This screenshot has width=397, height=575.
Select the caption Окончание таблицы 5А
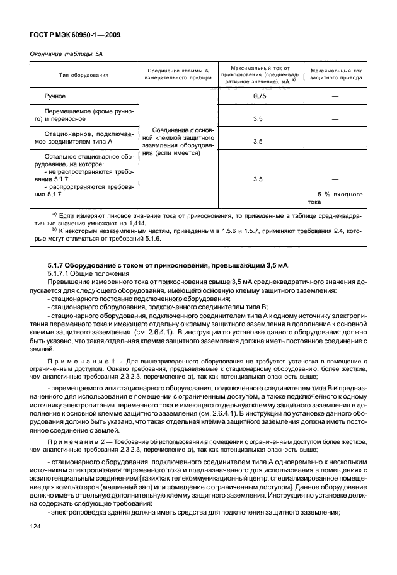tap(66, 55)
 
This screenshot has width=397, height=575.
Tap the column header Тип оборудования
tap(84, 75)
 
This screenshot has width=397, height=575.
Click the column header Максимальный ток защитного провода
tap(335, 75)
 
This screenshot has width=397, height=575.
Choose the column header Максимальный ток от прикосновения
tap(260, 75)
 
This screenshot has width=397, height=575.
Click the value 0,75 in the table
tap(259, 96)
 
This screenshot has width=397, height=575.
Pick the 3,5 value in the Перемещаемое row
tap(258, 118)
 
